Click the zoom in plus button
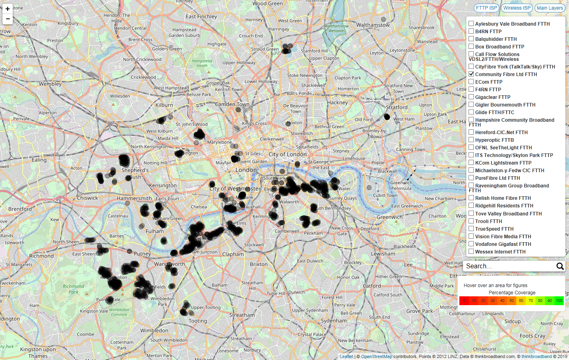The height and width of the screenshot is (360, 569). [8, 9]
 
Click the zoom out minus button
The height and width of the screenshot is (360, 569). [8, 19]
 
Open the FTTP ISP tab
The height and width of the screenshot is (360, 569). [487, 8]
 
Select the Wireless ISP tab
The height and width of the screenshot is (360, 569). [517, 8]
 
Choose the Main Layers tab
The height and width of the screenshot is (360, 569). [549, 8]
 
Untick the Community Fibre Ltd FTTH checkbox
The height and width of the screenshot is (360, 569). [471, 74]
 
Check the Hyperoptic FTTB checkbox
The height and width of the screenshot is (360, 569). [471, 140]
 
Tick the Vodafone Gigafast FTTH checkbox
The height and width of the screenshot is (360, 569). [471, 244]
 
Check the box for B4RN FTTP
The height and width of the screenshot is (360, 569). [471, 31]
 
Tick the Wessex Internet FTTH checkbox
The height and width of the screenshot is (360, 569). [471, 251]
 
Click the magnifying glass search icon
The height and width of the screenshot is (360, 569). [560, 266]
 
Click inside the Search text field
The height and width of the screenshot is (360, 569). [508, 266]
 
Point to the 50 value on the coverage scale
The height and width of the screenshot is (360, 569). [511, 301]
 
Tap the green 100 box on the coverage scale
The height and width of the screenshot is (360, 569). [559, 301]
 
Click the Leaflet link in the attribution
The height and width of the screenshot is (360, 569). [346, 356]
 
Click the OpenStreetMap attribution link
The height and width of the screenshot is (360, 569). [376, 356]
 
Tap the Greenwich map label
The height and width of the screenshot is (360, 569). [389, 217]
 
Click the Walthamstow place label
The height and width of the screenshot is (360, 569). [373, 25]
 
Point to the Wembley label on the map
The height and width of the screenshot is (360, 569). [50, 84]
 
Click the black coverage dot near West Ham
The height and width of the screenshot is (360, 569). [387, 117]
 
